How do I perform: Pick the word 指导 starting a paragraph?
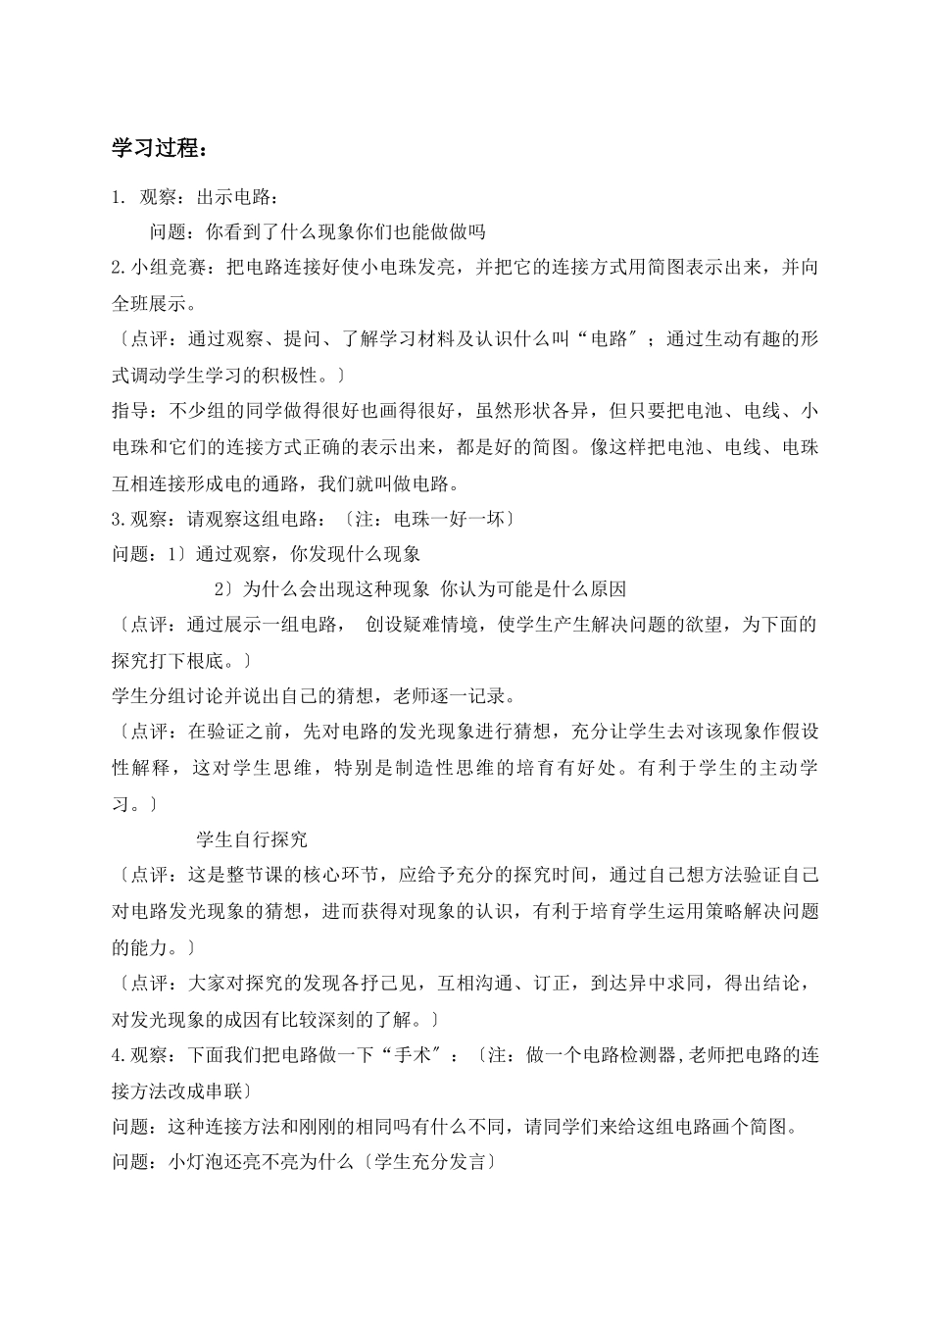pos(130,411)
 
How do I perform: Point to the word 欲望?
pos(694,625)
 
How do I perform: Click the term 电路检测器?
pos(633,1055)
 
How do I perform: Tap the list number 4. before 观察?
pos(119,1055)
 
